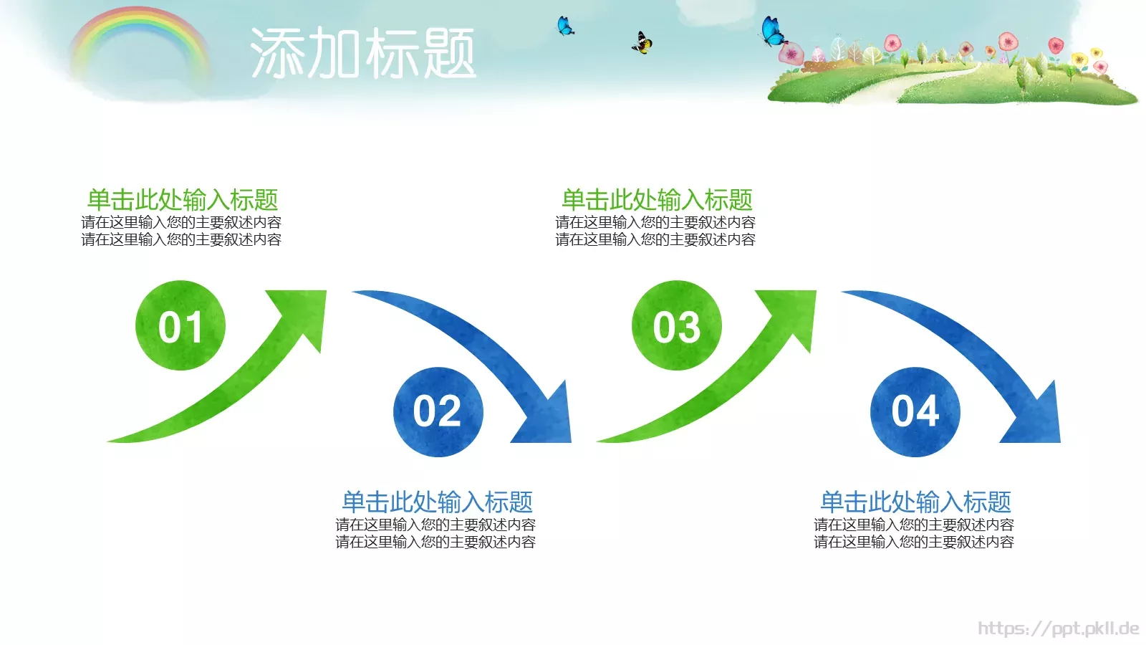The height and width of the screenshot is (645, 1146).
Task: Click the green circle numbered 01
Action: (180, 325)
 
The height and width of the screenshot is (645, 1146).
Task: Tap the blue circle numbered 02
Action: (438, 412)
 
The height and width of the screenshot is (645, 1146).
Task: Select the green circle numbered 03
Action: (676, 325)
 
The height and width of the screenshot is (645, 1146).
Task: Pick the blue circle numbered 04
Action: (915, 412)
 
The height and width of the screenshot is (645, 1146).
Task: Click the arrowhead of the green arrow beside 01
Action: (304, 312)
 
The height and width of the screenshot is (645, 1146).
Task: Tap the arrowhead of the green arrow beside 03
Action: (794, 312)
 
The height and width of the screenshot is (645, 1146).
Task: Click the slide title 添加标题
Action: (362, 53)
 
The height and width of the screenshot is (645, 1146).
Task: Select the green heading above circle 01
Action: (182, 199)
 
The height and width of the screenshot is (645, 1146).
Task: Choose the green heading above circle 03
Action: (656, 199)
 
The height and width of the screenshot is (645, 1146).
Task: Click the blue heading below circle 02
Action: (437, 501)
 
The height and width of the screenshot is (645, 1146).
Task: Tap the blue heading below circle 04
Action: (915, 501)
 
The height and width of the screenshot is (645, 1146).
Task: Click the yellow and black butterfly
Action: (642, 44)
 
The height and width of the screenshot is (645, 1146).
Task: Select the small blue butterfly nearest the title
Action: (565, 27)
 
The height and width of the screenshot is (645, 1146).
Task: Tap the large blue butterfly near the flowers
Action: (772, 32)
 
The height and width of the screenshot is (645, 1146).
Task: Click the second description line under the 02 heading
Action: (435, 543)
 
